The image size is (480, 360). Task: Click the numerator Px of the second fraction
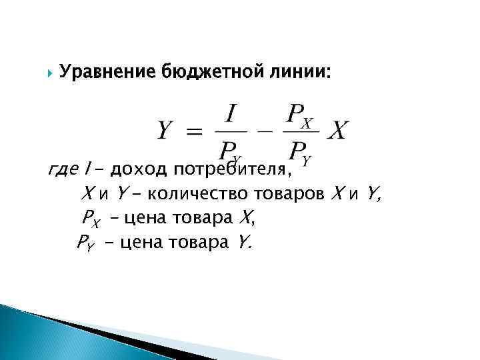(299, 117)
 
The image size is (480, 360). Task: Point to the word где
(63, 171)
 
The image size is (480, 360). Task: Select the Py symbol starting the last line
(85, 241)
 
